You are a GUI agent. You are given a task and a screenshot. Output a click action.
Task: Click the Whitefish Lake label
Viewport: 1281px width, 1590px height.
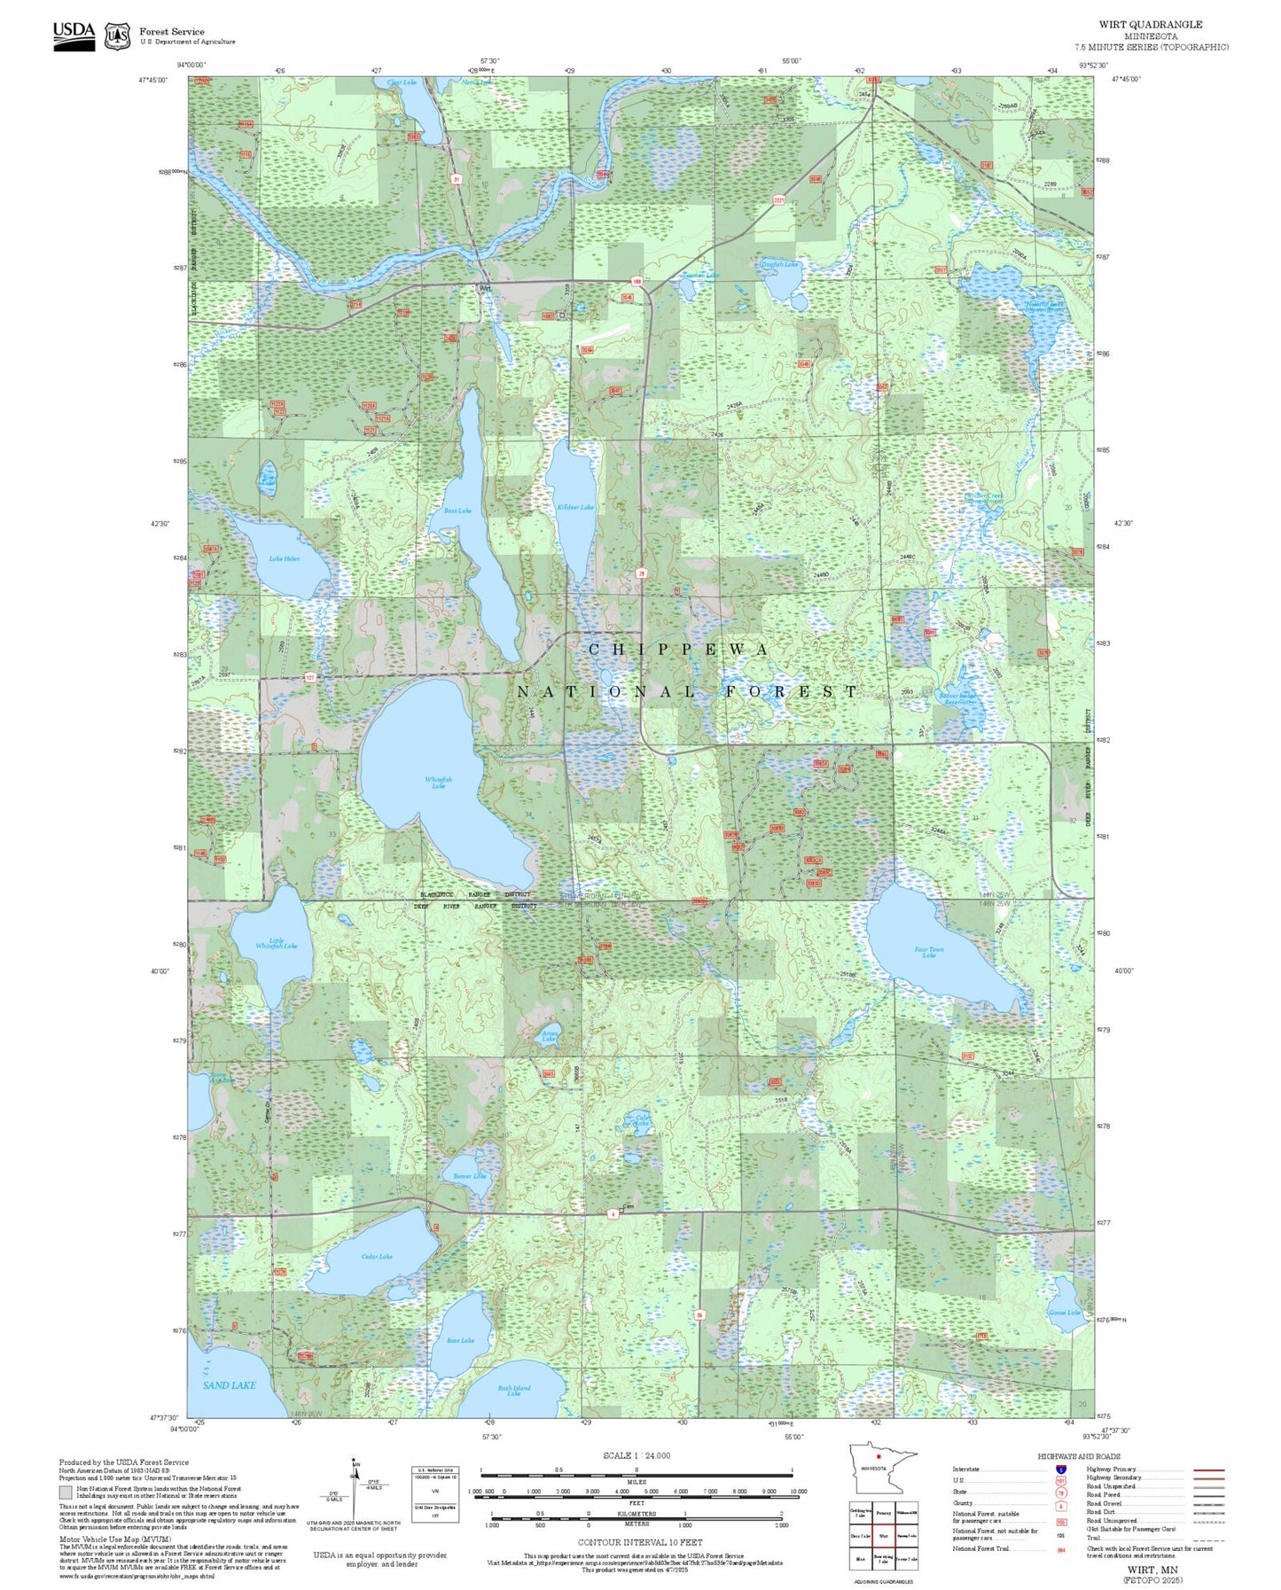click(438, 783)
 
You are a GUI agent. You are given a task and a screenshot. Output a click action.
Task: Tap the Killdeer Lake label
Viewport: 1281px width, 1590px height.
click(575, 507)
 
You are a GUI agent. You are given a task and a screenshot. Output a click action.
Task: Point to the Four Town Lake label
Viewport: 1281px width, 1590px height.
click(928, 952)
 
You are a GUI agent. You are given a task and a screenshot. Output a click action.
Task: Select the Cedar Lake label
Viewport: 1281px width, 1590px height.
click(377, 1256)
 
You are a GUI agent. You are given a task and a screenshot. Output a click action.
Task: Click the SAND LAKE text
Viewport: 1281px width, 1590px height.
click(229, 1384)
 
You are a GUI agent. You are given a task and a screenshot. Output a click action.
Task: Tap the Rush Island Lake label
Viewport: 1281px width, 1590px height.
click(513, 1390)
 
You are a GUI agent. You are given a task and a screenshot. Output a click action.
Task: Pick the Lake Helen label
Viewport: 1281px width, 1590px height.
click(284, 558)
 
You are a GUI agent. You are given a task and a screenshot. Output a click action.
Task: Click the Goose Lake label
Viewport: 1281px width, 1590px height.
click(1064, 1312)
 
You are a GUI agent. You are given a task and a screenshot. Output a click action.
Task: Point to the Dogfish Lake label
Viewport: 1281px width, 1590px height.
click(779, 264)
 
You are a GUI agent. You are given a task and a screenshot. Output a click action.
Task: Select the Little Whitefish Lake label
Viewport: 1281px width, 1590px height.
click(276, 943)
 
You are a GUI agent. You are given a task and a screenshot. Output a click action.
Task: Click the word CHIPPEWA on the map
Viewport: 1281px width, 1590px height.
click(679, 650)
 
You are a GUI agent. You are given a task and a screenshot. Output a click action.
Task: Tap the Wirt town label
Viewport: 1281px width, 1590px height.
click(485, 288)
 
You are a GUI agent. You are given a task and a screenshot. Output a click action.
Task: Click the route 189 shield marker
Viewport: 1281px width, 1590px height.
click(637, 281)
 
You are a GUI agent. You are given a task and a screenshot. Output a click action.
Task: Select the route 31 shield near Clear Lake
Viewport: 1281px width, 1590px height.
click(457, 179)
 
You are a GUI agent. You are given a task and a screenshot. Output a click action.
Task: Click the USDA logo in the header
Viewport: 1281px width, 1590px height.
click(74, 35)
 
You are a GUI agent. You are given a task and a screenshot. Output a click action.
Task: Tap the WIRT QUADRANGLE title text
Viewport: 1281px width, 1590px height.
click(1150, 25)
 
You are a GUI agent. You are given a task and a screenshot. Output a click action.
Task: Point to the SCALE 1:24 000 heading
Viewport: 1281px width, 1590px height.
click(636, 1455)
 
